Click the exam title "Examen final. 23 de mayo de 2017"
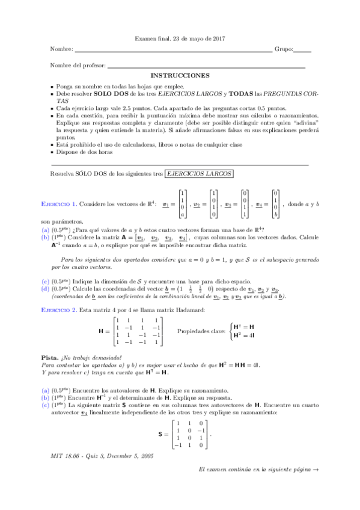[x=180, y=38]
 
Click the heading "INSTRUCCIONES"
[x=180, y=76]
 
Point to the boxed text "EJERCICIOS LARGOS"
[x=199, y=173]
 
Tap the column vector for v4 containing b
[x=276, y=203]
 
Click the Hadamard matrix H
[x=139, y=331]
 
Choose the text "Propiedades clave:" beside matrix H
[x=199, y=331]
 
